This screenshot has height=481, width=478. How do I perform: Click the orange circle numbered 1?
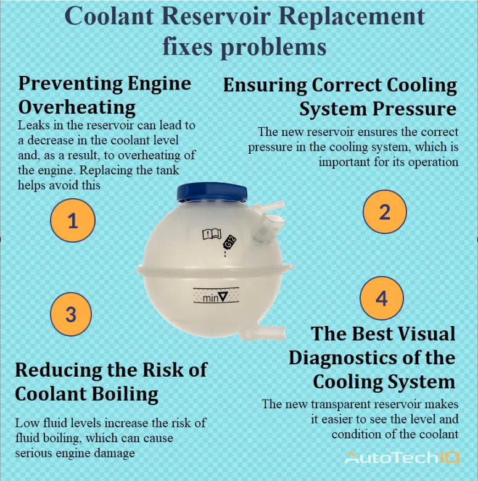(x=73, y=220)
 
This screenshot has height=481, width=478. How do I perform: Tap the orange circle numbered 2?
(x=384, y=211)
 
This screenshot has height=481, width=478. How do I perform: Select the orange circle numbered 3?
(x=70, y=314)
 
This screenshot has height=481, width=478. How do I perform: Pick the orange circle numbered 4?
(x=381, y=299)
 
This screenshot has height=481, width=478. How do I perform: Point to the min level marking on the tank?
(x=215, y=298)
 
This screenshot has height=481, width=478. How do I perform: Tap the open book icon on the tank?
(x=211, y=234)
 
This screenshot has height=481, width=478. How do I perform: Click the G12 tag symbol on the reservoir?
(x=230, y=242)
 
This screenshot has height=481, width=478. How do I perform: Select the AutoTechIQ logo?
(x=402, y=458)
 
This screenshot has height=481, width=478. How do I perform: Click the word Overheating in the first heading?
(x=77, y=107)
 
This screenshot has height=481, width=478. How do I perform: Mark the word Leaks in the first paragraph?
(x=31, y=125)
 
